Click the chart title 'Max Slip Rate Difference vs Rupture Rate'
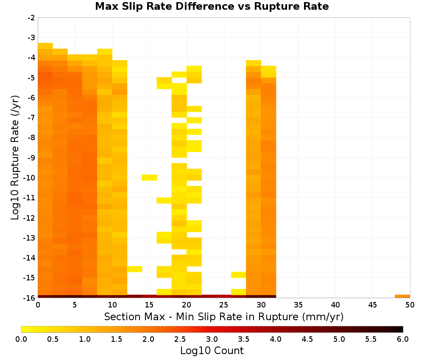tap(212, 6)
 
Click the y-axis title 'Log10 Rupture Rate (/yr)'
tap(15, 158)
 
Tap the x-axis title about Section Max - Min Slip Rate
tap(223, 316)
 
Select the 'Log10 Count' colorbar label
tap(212, 351)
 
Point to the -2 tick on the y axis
tap(31, 18)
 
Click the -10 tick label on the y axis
tap(30, 178)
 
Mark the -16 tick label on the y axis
tap(30, 298)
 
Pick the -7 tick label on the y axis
tap(31, 118)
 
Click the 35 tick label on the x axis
tap(298, 305)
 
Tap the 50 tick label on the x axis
tap(410, 305)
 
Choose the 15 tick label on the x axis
tap(149, 305)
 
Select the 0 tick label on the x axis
tap(38, 305)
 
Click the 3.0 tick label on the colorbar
tap(212, 339)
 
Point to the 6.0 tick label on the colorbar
tap(403, 339)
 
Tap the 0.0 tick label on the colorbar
tap(21, 339)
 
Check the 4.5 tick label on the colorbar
tap(307, 339)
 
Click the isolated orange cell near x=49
tap(402, 296)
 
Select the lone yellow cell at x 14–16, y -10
tap(149, 177)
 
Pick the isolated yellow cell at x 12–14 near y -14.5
tap(134, 269)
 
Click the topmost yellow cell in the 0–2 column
tap(45, 46)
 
